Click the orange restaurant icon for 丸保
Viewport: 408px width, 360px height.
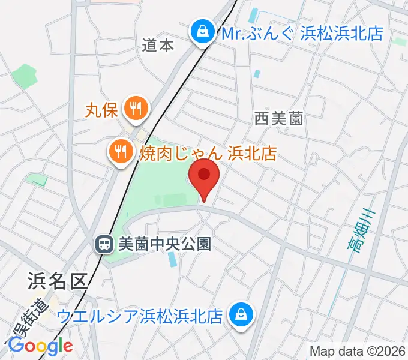click(x=133, y=109)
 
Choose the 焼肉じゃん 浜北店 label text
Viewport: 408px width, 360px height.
click(x=208, y=153)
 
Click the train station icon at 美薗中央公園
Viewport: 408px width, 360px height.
click(x=104, y=244)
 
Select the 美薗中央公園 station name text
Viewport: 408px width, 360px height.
click(x=164, y=244)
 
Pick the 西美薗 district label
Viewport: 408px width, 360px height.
click(x=278, y=119)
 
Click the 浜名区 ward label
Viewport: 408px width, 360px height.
click(x=57, y=280)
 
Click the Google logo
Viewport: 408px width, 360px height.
click(x=40, y=346)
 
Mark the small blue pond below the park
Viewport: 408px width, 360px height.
click(x=172, y=259)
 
